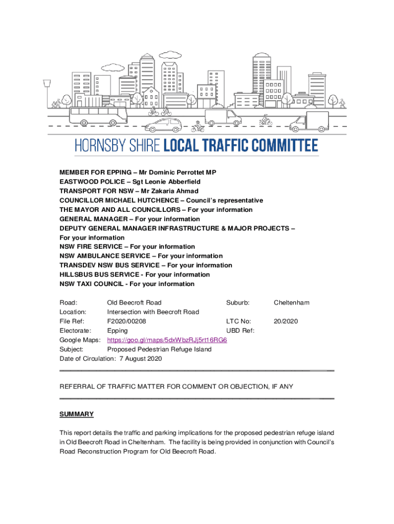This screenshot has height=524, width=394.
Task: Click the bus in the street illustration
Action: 98,115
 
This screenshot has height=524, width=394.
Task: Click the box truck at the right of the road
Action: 309,121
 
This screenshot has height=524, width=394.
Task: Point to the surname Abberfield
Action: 180,182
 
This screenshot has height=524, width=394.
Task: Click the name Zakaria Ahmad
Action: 177,191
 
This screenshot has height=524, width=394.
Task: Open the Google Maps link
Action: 167,340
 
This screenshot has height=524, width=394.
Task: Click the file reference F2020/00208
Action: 126,321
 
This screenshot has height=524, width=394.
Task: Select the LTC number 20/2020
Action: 286,321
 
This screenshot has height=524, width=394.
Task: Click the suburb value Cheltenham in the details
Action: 291,302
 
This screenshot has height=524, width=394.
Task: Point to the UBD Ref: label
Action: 240,331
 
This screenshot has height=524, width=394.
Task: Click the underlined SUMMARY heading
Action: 77,414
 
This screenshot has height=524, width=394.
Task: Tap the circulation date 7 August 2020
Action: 141,359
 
